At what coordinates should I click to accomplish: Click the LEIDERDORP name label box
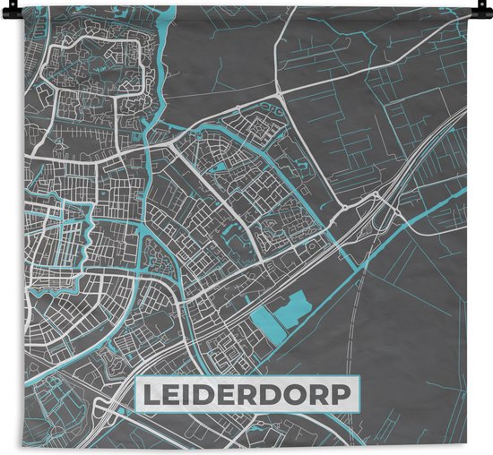tap(246, 393)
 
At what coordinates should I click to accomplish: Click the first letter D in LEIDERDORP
tap(198, 394)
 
